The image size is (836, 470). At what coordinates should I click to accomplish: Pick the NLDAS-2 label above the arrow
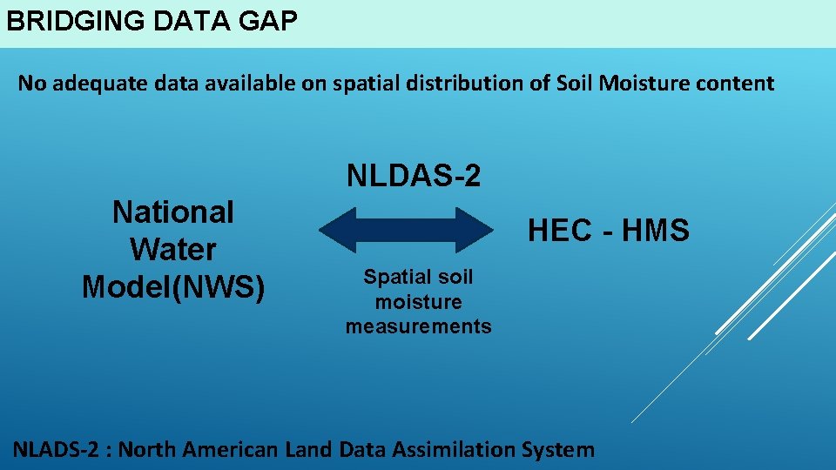(x=414, y=176)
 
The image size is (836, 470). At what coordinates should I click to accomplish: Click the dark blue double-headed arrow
(x=406, y=230)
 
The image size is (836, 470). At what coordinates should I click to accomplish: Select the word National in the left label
(x=173, y=211)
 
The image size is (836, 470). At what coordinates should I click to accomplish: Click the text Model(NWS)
(x=173, y=286)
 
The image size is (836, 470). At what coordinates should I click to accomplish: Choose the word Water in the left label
(x=173, y=249)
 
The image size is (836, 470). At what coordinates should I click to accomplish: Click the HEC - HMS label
(x=609, y=231)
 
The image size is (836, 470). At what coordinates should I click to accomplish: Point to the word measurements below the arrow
(x=418, y=327)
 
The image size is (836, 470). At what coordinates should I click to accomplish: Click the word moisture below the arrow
(x=418, y=302)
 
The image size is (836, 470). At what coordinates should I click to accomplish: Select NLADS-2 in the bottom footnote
(x=57, y=450)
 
